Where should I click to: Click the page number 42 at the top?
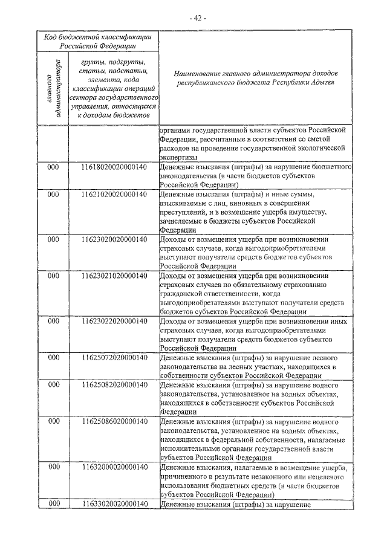198,19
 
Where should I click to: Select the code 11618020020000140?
114,167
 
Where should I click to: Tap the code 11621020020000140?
114,195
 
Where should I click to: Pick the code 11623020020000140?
114,239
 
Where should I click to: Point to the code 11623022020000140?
114,321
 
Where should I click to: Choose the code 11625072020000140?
114,358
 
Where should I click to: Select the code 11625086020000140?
114,421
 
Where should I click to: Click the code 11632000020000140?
114,467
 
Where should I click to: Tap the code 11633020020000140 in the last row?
114,503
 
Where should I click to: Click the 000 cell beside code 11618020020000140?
53,167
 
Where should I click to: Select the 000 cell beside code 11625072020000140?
53,358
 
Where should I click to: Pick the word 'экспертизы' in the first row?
180,156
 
